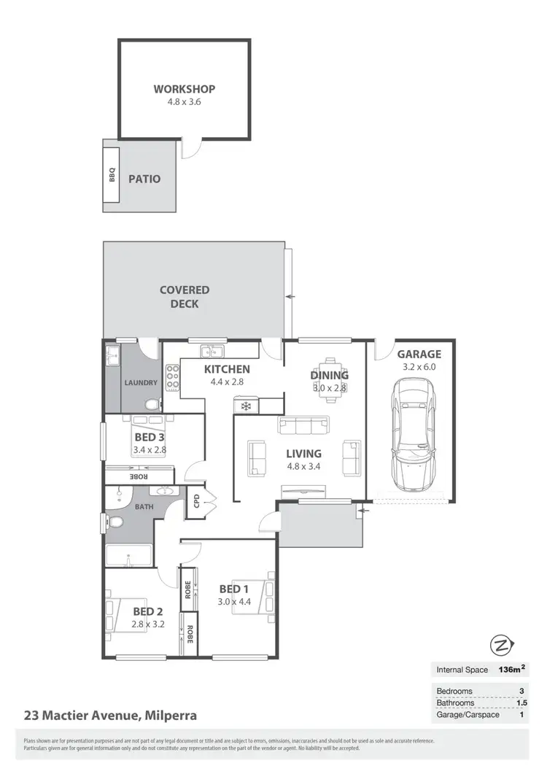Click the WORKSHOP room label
184,89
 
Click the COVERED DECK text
185,296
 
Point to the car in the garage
412,435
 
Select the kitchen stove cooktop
174,378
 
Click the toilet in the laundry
151,404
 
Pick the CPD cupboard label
195,502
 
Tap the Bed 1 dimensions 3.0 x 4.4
234,602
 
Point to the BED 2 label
147,611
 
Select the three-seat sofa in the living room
303,425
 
